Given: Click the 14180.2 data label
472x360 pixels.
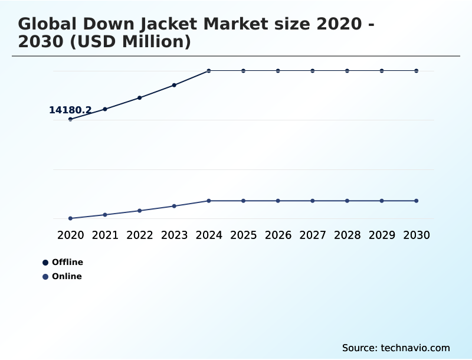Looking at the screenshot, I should [70, 110].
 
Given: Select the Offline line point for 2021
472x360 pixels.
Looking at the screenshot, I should [105, 109].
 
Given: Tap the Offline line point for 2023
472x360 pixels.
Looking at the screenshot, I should [174, 85].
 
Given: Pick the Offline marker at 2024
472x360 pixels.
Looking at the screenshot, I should [209, 71].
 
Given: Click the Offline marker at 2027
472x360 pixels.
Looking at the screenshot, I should [313, 71].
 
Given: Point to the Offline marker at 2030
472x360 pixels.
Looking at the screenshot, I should [417, 71].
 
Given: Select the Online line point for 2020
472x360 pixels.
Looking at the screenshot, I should [70, 218].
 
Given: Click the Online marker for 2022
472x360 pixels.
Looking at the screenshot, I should [140, 211].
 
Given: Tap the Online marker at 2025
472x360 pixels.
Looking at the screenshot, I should [243, 201].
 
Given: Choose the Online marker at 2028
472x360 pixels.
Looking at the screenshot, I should [347, 201].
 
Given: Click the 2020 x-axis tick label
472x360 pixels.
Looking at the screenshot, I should [70, 235].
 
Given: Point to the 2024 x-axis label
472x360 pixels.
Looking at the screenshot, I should [209, 235].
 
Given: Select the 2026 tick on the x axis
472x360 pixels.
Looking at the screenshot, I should [278, 235].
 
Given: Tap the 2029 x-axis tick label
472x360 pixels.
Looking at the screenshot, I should [382, 235].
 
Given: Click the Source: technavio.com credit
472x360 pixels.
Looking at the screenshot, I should [396, 348].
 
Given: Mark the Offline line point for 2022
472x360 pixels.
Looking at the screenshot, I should [140, 97].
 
